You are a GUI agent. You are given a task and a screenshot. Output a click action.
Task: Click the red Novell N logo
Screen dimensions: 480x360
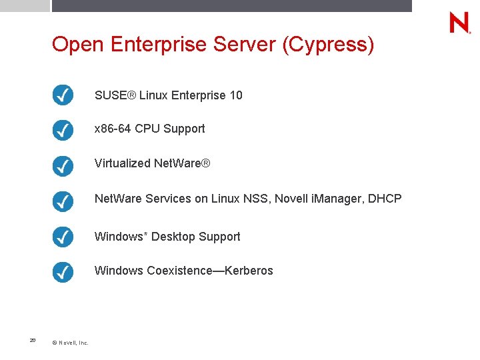pyautogui.click(x=459, y=23)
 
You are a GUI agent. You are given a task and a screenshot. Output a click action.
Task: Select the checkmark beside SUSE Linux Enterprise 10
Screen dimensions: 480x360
pyautogui.click(x=63, y=95)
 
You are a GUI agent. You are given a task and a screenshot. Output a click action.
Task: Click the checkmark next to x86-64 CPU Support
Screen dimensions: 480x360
pyautogui.click(x=63, y=129)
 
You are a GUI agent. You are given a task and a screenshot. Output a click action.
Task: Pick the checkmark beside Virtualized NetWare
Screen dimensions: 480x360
pyautogui.click(x=63, y=164)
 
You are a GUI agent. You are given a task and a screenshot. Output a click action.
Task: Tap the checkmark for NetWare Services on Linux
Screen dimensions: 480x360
pyautogui.click(x=63, y=199)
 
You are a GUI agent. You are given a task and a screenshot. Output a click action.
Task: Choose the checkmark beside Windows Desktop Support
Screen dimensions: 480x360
pyautogui.click(x=63, y=237)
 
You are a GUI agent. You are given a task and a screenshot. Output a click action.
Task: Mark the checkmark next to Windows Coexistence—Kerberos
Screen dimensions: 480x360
pyautogui.click(x=63, y=271)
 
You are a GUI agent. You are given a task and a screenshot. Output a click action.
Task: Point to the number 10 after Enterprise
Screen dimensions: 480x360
pyautogui.click(x=235, y=95)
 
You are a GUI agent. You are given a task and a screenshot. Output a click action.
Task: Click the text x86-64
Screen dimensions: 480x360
pyautogui.click(x=113, y=129)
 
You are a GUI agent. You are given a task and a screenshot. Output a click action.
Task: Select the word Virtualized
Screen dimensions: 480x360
pyautogui.click(x=123, y=163)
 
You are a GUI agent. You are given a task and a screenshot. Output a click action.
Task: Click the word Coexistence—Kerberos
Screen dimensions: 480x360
pyautogui.click(x=210, y=271)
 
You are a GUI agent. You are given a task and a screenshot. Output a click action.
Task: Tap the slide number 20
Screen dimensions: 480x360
pyautogui.click(x=33, y=341)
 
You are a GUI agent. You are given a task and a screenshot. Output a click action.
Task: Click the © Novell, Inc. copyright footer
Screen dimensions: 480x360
pyautogui.click(x=70, y=343)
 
